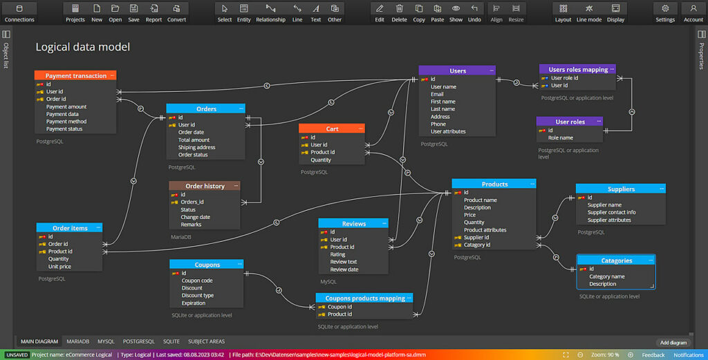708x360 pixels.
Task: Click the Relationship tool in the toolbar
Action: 270,12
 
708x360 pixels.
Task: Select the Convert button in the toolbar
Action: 176,12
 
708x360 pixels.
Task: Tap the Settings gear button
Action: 665,12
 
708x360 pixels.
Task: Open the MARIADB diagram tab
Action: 77,341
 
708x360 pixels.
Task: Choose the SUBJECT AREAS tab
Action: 206,341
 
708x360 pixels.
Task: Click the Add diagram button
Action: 673,343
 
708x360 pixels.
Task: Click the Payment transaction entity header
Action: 75,75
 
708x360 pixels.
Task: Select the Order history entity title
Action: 205,186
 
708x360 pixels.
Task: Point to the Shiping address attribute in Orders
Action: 196,147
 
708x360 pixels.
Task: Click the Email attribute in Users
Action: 437,94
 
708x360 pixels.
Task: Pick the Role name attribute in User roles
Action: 560,138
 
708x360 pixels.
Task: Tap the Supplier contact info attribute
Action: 611,212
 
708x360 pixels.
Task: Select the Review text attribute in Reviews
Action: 343,262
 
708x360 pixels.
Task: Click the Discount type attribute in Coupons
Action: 197,296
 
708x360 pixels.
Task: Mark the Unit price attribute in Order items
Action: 59,267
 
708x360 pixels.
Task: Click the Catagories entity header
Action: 616,260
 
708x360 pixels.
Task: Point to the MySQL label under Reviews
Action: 328,281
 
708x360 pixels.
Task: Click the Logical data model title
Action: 83,47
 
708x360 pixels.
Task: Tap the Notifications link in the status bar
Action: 689,355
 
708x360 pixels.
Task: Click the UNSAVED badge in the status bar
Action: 17,355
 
